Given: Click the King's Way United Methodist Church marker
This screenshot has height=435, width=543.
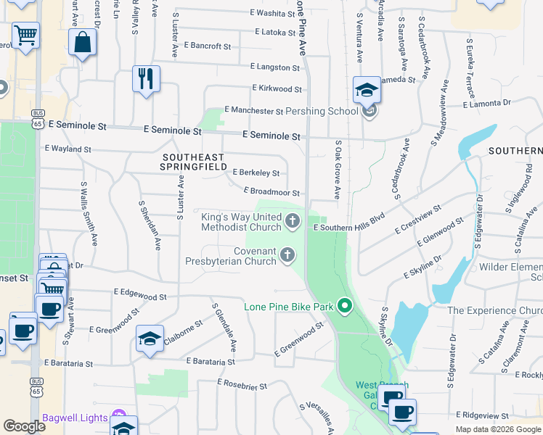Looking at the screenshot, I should [293, 220].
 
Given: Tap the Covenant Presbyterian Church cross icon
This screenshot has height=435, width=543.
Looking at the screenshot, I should [287, 254].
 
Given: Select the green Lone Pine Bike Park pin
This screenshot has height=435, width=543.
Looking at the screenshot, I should [345, 307].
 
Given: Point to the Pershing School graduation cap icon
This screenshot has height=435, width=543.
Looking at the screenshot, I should [367, 90].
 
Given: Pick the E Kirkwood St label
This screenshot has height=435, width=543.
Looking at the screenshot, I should [277, 88].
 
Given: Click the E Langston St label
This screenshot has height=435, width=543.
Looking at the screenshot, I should [274, 67].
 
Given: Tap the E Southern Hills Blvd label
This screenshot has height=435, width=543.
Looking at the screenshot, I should [348, 227].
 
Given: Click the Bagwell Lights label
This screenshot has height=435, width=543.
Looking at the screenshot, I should [75, 417].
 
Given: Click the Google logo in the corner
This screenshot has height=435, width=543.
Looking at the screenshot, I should [25, 426].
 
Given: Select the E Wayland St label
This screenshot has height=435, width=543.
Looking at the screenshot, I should [68, 149].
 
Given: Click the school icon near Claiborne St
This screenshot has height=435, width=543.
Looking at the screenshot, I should [150, 339].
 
